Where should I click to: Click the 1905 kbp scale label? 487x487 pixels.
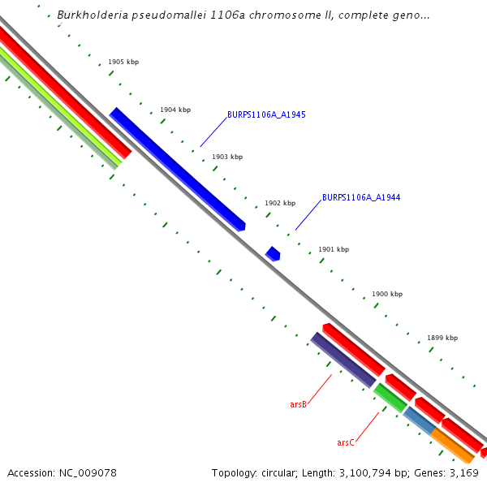pyautogui.click(x=123, y=62)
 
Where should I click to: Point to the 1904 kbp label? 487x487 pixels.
pyautogui.click(x=175, y=110)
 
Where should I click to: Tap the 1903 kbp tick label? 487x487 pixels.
pyautogui.click(x=227, y=157)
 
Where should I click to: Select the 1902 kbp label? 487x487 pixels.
pyautogui.click(x=280, y=203)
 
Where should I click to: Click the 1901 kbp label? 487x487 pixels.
pyautogui.click(x=334, y=249)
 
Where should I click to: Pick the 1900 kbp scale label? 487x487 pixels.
pyautogui.click(x=387, y=294)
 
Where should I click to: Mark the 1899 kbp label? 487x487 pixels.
pyautogui.click(x=442, y=338)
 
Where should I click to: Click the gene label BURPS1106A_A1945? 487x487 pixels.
pyautogui.click(x=266, y=114)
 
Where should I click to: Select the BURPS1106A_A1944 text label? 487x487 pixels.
pyautogui.click(x=361, y=197)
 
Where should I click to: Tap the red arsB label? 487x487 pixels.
pyautogui.click(x=298, y=404)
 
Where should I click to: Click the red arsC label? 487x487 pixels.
pyautogui.click(x=345, y=442)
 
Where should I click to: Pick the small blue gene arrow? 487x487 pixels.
pyautogui.click(x=273, y=254)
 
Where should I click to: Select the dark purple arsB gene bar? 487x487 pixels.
pyautogui.click(x=343, y=359)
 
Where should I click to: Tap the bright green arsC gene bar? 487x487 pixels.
pyautogui.click(x=390, y=397)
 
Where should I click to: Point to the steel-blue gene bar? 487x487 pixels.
pyautogui.click(x=419, y=420)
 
